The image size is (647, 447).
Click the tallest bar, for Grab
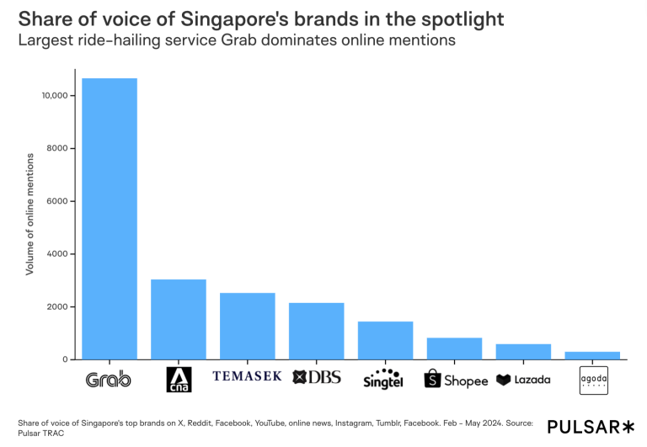coord(110,219)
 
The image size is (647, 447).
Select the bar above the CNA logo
coord(179,320)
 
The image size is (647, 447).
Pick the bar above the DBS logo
coord(317,332)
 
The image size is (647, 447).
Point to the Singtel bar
coord(385,341)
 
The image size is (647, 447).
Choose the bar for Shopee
coord(454,349)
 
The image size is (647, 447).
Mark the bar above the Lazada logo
coord(523,352)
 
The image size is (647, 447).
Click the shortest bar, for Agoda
coord(592,356)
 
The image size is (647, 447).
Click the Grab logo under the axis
coord(110,380)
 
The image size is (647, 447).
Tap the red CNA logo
coord(179,380)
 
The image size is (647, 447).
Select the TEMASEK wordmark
coord(248,376)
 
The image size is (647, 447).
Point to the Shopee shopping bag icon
coord(432,379)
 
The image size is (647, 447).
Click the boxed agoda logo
coord(592,380)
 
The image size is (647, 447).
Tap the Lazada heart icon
coord(504,380)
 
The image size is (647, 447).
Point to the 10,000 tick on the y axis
coord(54,96)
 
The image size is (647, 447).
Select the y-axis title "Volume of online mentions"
coord(30,214)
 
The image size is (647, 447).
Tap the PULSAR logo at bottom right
coord(591,427)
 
